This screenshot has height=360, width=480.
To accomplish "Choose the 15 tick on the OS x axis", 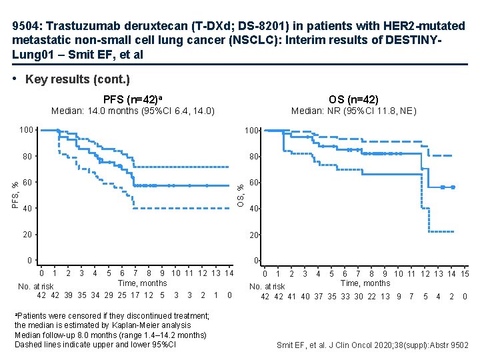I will pos(465,273).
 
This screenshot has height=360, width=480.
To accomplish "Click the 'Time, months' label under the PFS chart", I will pos(143,283).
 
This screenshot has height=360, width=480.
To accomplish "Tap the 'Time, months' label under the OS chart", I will pos(365,283).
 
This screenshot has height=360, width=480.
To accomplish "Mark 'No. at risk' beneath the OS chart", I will pos(267,287).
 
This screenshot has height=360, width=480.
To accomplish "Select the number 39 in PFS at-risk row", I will pos(69,295).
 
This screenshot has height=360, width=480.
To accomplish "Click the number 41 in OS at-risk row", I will pos(291,297).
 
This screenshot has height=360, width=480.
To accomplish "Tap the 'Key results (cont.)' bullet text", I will pos(77,79).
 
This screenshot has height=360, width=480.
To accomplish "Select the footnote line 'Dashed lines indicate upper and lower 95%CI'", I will pos(95,344).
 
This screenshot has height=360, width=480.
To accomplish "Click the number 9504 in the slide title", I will pos(29,26).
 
